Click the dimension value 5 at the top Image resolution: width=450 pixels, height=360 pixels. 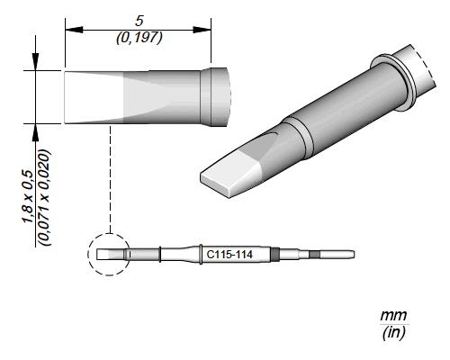[x=139, y=21]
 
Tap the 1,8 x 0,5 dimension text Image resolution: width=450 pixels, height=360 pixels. [x=29, y=196]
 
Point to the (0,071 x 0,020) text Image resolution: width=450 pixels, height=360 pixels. [x=44, y=198]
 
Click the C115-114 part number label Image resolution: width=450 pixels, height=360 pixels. [x=229, y=255]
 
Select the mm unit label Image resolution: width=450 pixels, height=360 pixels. [x=393, y=316]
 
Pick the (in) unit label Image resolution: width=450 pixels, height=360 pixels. [x=393, y=332]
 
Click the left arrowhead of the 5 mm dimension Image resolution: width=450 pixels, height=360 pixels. [x=74, y=30]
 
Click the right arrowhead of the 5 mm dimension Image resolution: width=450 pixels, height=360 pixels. [x=202, y=30]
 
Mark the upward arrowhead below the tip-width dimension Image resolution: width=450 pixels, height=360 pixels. [x=36, y=132]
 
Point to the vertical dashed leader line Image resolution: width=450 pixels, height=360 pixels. [x=111, y=179]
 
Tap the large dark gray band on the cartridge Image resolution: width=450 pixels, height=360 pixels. [x=274, y=255]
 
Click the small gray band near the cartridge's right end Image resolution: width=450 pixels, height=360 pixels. [x=315, y=255]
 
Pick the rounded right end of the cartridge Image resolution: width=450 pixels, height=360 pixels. [x=354, y=255]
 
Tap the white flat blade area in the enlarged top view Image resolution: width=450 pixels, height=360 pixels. [x=94, y=97]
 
